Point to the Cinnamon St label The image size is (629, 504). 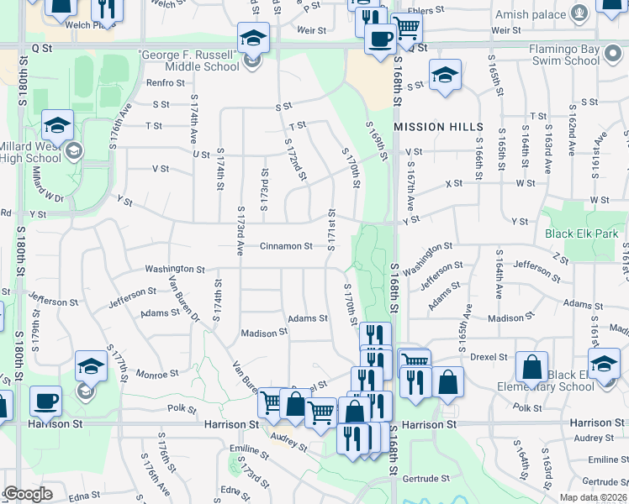(x=286, y=246)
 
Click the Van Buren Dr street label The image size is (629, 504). (x=183, y=300)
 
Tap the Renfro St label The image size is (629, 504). (x=165, y=82)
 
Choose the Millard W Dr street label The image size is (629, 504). (x=47, y=183)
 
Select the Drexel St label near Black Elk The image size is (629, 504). (x=489, y=357)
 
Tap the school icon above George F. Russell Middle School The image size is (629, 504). (x=253, y=38)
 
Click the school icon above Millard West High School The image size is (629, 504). (x=57, y=125)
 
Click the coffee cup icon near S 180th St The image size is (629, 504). (x=46, y=401)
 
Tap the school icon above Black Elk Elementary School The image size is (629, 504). (x=604, y=365)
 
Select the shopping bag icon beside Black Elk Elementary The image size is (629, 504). (x=531, y=366)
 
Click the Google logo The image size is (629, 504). (x=28, y=494)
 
